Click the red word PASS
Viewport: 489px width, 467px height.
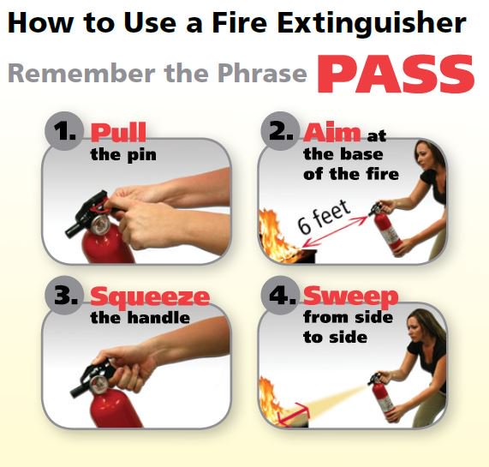point(396,74)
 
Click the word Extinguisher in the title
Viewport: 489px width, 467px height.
point(372,24)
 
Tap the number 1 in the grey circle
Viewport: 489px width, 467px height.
point(64,131)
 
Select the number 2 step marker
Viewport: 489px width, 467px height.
point(281,131)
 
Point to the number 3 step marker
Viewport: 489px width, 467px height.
point(65,295)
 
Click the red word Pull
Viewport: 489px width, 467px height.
point(118,132)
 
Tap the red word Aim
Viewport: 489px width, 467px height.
point(331,132)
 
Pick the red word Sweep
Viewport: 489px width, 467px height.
point(351,296)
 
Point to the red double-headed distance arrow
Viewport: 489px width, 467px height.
point(335,231)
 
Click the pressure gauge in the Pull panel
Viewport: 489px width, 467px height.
point(100,225)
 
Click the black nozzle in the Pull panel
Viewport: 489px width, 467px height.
point(75,227)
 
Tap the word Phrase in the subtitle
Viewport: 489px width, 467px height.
point(262,74)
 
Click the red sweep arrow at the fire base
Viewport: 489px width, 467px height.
point(294,414)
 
